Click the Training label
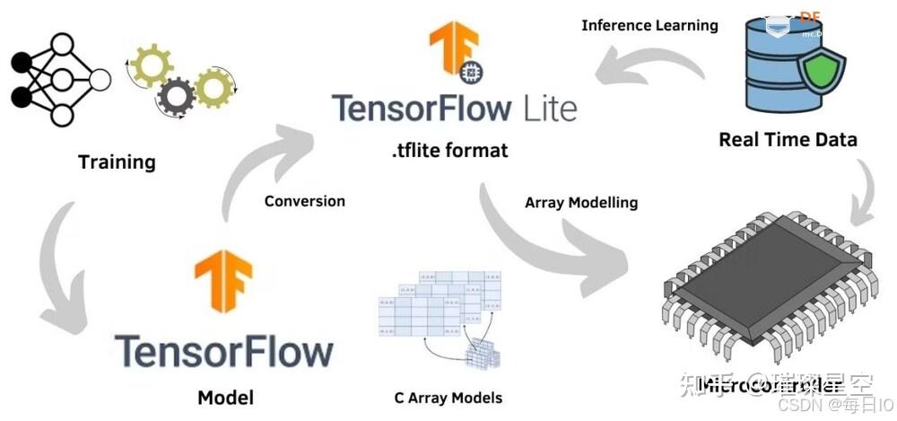coord(117,162)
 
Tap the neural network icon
coord(58,79)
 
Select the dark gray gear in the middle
coord(175,93)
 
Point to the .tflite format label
coord(449,150)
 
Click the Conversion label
coord(304,201)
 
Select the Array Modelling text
coord(581,203)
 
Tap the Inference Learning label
coord(649,25)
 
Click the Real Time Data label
coord(788,139)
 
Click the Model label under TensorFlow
coord(225,397)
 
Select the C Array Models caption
coord(448,398)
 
